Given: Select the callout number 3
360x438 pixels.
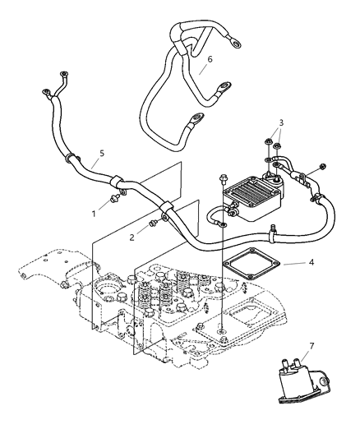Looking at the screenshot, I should coord(282,124).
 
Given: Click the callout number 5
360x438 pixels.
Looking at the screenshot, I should coord(100,153).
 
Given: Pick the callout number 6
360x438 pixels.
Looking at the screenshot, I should coord(210,58).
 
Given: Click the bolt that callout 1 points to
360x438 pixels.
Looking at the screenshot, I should coord(115,198).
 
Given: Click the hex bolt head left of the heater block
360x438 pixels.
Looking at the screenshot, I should coord(223,178).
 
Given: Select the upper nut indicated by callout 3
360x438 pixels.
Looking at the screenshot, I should coord(270,141).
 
